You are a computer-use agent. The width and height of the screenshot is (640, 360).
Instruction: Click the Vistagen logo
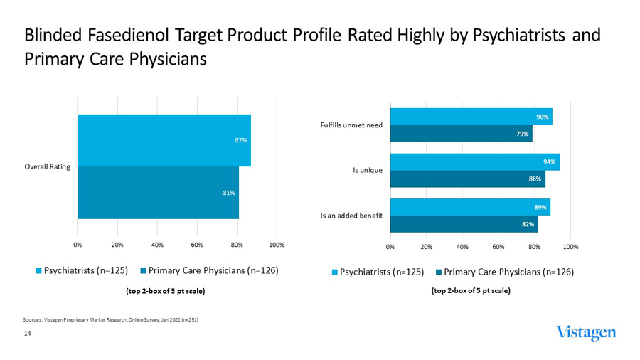587,333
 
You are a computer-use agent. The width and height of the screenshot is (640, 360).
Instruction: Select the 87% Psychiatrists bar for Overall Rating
164,140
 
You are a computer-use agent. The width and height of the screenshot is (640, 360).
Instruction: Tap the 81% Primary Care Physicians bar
158,192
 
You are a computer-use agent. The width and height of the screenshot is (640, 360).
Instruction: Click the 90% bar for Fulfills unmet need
471,117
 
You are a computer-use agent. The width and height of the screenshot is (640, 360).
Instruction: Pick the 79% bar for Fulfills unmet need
461,134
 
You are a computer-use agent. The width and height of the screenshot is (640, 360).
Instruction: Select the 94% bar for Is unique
474,162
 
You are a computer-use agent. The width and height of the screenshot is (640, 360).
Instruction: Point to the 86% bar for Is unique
467,179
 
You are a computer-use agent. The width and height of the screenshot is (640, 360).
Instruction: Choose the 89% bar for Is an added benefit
470,207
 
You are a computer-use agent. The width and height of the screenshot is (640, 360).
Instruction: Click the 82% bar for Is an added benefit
464,224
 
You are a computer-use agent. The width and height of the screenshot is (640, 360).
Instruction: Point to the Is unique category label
368,171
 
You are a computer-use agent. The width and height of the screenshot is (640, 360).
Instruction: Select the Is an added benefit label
353,216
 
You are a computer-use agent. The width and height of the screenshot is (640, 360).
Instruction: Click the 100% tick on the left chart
277,245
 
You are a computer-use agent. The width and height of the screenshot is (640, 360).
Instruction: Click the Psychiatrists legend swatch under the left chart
39,270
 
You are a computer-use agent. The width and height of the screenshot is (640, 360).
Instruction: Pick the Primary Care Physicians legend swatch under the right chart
439,272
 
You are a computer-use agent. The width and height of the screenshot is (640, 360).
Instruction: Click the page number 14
28,333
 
